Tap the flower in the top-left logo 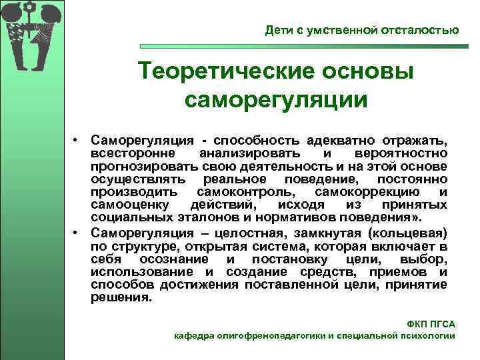[x=29, y=11]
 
